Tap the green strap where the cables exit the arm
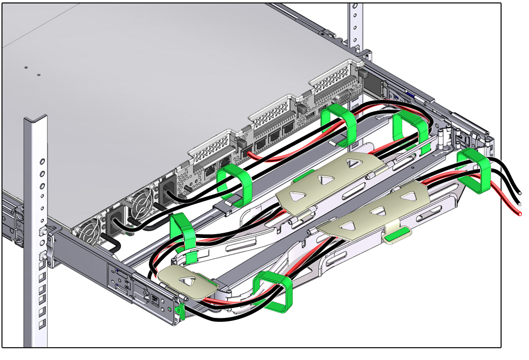click(474, 169)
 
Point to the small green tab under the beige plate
click(397, 237)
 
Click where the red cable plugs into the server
click(251, 155)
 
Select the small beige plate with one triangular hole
click(187, 283)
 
